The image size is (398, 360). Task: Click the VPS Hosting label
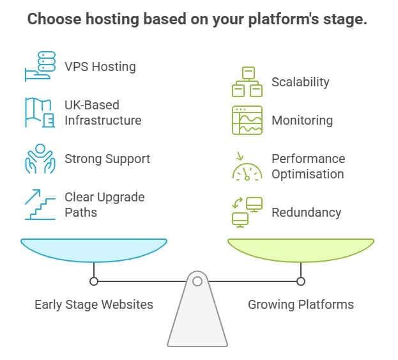(100, 67)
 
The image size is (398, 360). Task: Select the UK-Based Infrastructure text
(102, 113)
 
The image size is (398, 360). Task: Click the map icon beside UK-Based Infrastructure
(40, 113)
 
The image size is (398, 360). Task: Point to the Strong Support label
(107, 159)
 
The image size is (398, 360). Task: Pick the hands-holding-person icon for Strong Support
(40, 159)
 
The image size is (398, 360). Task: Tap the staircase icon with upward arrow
(40, 205)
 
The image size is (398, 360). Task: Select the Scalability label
(300, 82)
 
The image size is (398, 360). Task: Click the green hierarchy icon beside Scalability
(247, 82)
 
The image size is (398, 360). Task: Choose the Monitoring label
(302, 120)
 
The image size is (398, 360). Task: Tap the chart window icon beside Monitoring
(247, 120)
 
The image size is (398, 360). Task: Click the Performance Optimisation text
(308, 166)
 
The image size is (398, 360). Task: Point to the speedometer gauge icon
(247, 168)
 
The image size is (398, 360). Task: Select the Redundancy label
(306, 212)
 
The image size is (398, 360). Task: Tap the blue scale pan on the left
(94, 249)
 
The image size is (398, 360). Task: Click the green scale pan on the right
(301, 249)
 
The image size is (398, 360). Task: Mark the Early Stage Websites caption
(94, 304)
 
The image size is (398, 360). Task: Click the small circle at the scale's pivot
(197, 281)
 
